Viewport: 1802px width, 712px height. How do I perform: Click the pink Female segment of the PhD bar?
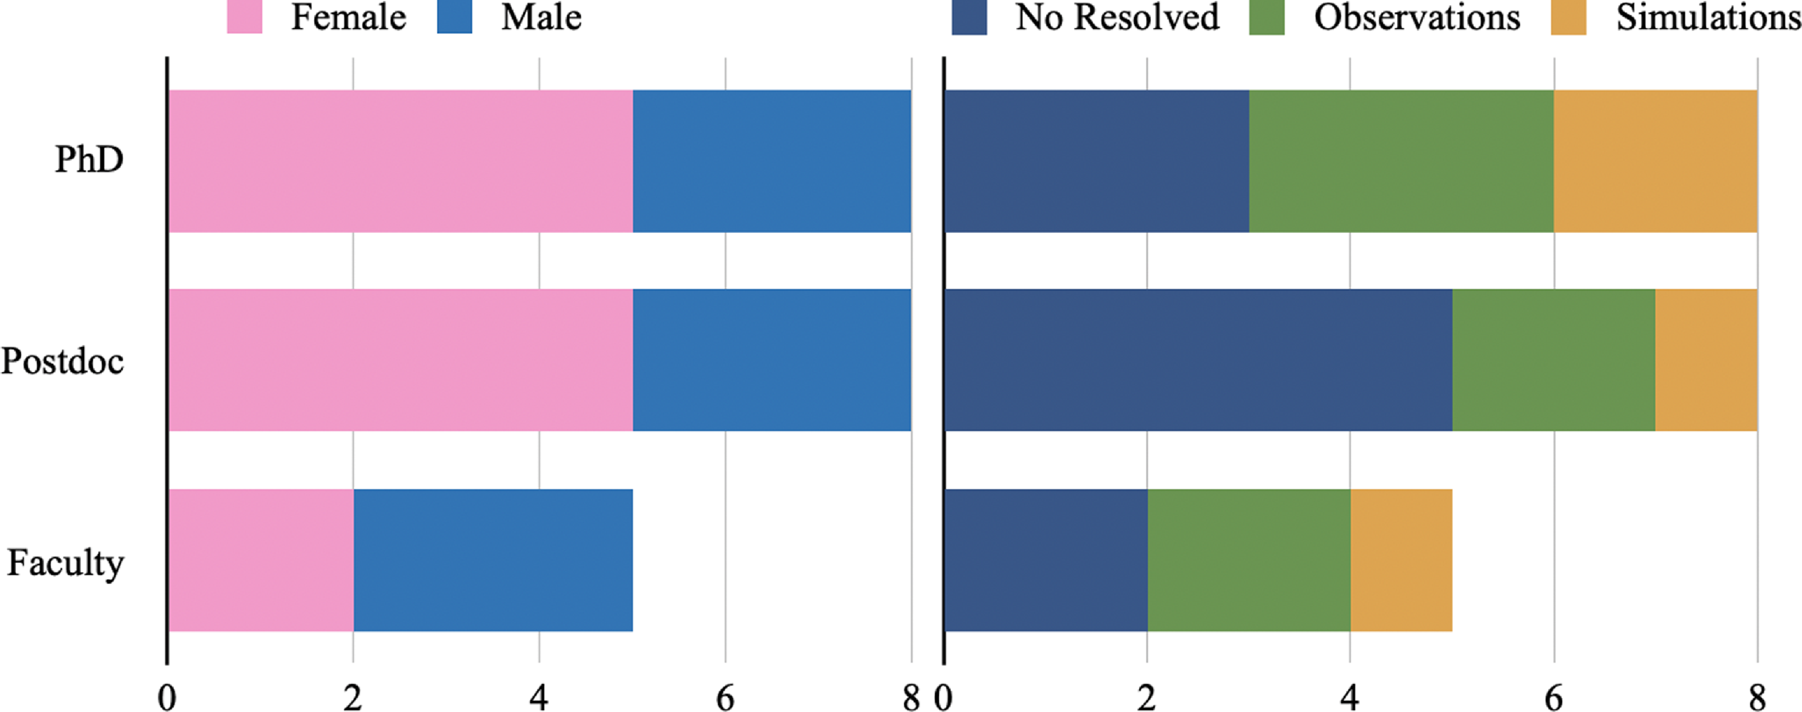[400, 161]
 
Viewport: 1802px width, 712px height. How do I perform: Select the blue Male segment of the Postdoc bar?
[772, 360]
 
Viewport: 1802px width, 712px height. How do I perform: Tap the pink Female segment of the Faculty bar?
[260, 560]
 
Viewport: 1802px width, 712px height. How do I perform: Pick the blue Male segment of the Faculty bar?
[493, 560]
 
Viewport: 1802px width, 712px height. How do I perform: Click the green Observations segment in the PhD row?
[1401, 161]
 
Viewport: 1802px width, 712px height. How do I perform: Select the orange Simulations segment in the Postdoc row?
[1706, 360]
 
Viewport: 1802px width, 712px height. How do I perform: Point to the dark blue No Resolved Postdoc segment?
[1198, 360]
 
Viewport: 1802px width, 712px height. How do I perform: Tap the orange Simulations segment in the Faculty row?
[1401, 560]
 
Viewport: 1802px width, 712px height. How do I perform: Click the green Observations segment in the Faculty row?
[1249, 560]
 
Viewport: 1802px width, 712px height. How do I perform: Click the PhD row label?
[89, 160]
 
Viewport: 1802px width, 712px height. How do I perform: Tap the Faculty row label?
[65, 563]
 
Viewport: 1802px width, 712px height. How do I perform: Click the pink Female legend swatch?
[244, 17]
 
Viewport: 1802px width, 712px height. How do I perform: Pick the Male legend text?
[541, 17]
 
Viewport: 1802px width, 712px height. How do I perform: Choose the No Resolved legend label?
[1117, 17]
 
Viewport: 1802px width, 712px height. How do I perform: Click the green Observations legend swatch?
[1267, 17]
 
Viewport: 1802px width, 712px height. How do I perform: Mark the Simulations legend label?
[1707, 17]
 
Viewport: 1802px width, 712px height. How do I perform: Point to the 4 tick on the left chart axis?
[539, 697]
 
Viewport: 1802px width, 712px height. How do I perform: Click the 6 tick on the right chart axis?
[1554, 697]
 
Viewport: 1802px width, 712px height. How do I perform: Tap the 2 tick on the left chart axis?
[353, 697]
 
